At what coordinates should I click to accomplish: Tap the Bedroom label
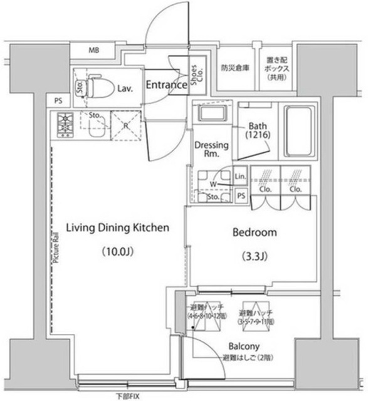(x=254, y=232)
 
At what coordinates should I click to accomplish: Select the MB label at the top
(x=93, y=50)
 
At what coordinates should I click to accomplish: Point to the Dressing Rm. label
(x=210, y=150)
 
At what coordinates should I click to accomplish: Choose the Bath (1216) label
(x=257, y=130)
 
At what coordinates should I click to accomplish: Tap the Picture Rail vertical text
(x=56, y=246)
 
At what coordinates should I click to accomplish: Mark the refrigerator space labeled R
(x=127, y=125)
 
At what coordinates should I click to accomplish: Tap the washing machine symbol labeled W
(x=214, y=184)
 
